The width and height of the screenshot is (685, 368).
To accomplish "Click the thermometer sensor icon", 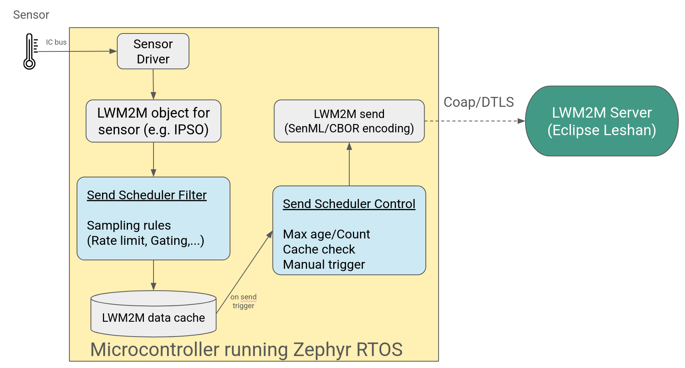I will point(30,51).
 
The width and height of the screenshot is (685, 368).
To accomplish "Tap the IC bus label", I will point(56,42).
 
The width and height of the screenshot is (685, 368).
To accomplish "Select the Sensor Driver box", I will point(153,51).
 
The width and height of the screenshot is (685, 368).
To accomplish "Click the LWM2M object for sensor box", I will point(153,121).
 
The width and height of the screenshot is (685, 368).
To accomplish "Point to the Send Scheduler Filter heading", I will point(147,195).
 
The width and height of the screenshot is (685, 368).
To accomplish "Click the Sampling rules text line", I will point(129,226).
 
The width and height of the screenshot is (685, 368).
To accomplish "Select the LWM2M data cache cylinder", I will point(153,315).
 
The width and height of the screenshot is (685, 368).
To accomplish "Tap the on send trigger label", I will point(243,301).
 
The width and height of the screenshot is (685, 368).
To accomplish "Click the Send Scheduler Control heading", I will point(349,204).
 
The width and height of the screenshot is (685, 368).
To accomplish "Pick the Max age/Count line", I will point(326,234).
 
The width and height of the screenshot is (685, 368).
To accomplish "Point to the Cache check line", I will point(319,249).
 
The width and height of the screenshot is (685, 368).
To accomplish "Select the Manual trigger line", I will point(324,264).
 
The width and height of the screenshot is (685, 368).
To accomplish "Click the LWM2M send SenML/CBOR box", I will point(349,121).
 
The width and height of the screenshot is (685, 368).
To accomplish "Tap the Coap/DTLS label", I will point(478,102).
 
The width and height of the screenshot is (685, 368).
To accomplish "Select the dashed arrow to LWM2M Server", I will point(474,121).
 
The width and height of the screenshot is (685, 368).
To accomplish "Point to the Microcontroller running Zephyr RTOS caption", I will point(246,350).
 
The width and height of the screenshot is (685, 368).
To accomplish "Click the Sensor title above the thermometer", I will point(31,15).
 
